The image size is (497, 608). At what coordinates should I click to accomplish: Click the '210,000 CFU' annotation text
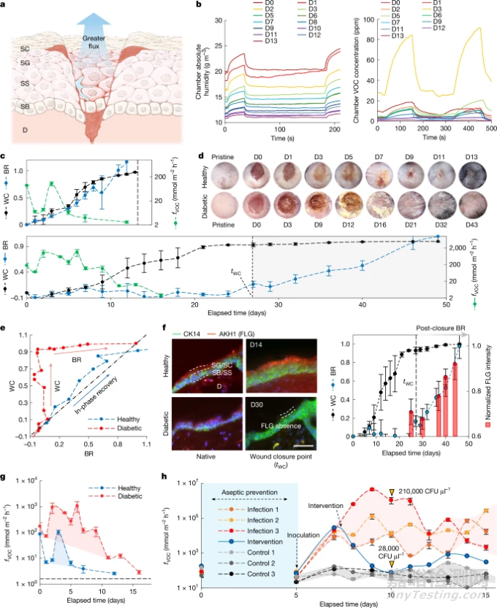pos(437,492)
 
